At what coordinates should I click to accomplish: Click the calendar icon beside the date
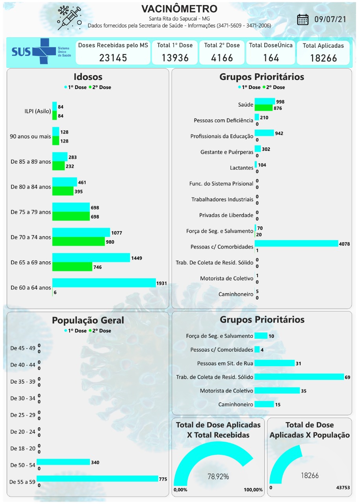click(x=302, y=19)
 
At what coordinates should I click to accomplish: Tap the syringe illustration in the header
click(x=69, y=18)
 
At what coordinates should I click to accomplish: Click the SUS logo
click(x=33, y=52)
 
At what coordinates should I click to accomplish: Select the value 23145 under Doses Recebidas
click(x=113, y=58)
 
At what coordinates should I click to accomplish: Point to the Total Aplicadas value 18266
click(x=323, y=58)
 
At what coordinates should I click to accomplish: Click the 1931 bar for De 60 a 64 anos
click(x=104, y=283)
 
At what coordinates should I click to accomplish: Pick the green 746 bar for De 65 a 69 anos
click(x=72, y=267)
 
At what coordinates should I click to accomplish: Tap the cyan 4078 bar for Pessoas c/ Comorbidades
click(x=296, y=244)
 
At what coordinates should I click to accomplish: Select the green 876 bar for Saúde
click(x=263, y=108)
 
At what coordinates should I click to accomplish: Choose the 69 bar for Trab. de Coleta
click(x=299, y=377)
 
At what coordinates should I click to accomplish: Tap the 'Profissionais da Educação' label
click(x=222, y=136)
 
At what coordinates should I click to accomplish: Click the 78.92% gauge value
click(x=218, y=476)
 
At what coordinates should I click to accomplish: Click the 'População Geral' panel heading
click(x=88, y=321)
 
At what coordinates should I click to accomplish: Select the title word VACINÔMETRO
click(x=179, y=9)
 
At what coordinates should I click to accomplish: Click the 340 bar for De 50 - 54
click(x=63, y=462)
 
